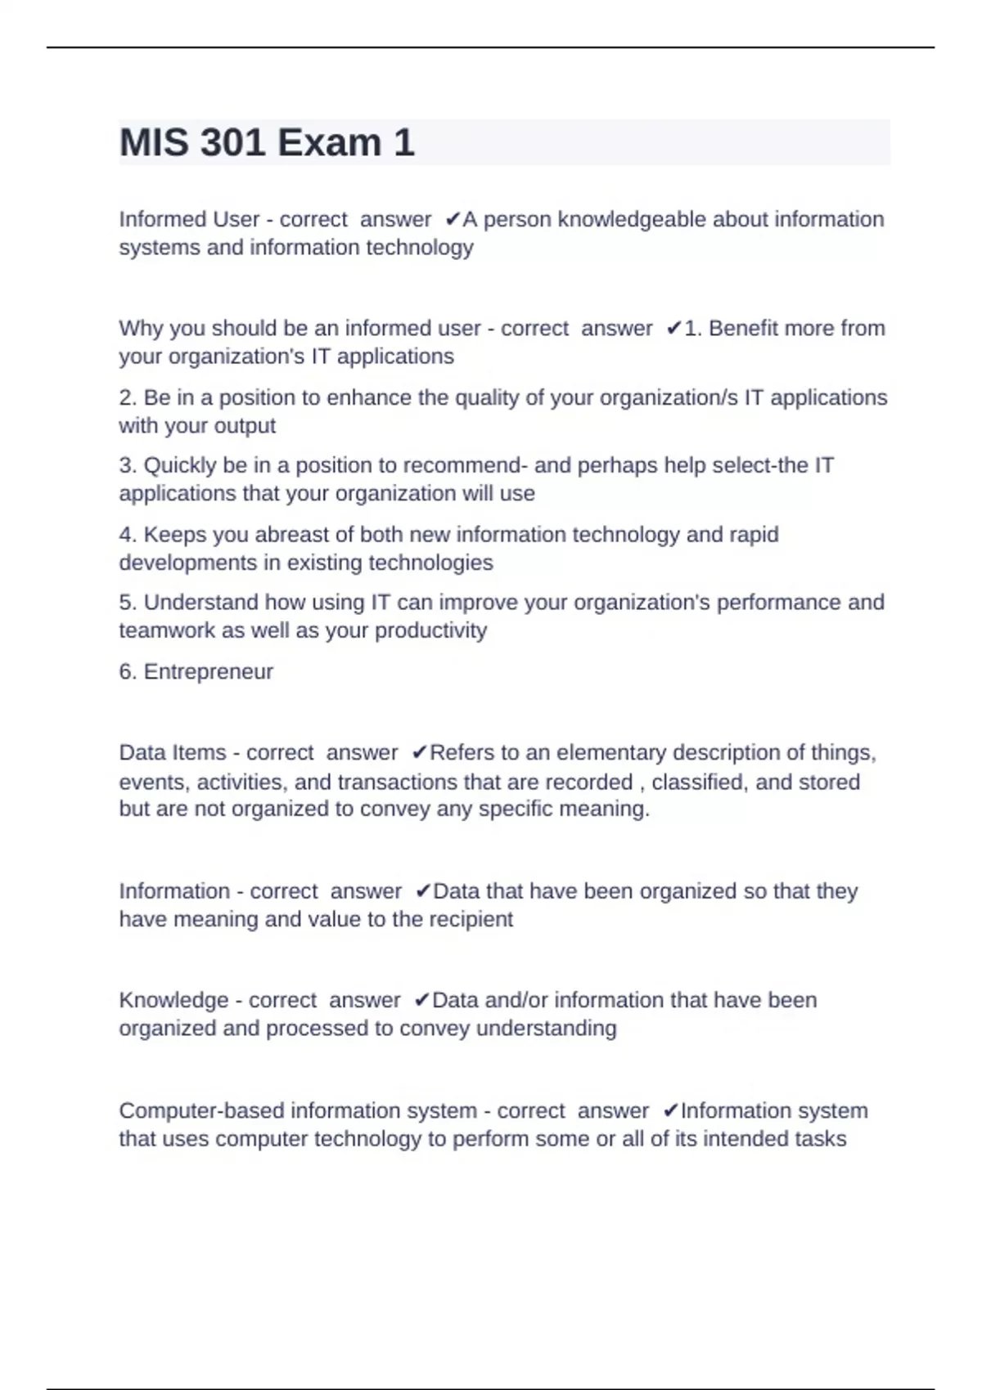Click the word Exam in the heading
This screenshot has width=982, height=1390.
330,143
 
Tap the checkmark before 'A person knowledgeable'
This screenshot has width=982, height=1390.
453,219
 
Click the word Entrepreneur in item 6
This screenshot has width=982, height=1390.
208,671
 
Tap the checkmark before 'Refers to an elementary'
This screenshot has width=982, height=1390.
420,752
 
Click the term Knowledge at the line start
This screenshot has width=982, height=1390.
173,1000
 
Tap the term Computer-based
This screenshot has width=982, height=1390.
201,1110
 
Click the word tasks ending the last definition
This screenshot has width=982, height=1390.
822,1138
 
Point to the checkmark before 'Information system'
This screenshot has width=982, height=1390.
670,1110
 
